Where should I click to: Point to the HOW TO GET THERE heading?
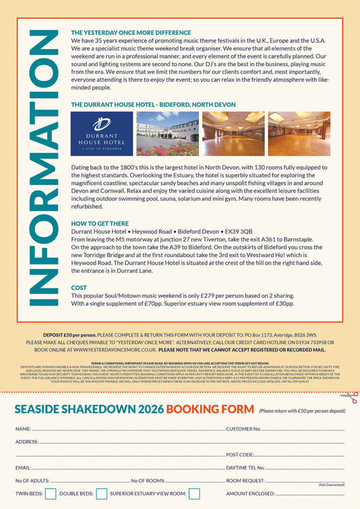(x=100, y=224)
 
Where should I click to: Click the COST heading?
(x=79, y=288)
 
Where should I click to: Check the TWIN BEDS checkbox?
(x=50, y=494)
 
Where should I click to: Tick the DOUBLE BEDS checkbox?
(x=101, y=494)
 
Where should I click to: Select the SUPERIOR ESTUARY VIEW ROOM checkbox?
(x=194, y=494)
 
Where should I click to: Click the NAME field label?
(x=23, y=428)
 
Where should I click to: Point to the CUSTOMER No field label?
(x=243, y=428)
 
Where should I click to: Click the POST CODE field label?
(x=240, y=455)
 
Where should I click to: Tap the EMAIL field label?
(x=23, y=468)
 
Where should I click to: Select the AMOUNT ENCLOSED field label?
(x=250, y=494)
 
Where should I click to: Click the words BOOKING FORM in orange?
(x=210, y=410)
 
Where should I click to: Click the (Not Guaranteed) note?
(x=332, y=485)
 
